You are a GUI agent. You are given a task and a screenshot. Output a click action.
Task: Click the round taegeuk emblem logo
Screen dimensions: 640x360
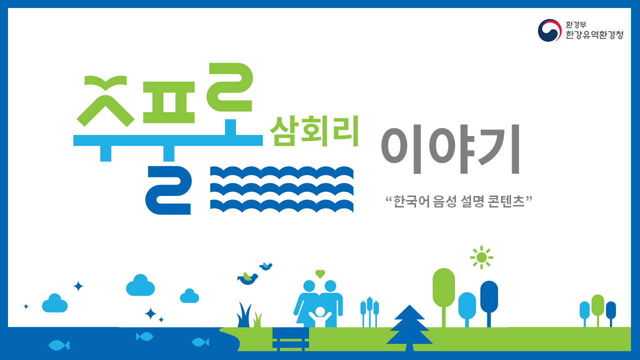pos(549,30)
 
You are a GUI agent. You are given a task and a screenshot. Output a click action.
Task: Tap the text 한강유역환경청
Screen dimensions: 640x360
pos(594,35)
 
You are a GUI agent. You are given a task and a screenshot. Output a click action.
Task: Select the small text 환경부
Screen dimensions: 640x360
pos(575,24)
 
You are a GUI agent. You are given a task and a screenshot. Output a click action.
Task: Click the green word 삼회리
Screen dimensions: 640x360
pos(314,131)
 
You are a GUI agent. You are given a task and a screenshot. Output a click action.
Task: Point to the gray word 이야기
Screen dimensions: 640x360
pos(450,149)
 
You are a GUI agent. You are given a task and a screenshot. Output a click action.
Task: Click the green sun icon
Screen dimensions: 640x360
pos(481,257)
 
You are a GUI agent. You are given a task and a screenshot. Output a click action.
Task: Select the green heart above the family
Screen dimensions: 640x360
pos(320,274)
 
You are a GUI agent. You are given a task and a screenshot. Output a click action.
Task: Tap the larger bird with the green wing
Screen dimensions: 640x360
pos(247,278)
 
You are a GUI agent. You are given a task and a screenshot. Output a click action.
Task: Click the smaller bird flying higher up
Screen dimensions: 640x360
pos(266,266)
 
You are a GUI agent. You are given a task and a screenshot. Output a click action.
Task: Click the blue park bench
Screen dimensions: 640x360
pos(290,339)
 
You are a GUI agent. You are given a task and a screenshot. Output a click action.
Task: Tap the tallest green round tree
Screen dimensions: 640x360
pos(443,297)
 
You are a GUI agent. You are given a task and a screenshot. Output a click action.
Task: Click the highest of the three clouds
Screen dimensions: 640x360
pos(140,285)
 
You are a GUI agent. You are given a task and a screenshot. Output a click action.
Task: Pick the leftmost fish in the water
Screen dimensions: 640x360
pos(59,345)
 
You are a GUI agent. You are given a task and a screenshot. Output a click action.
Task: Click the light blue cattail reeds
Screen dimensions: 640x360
pos(369,312)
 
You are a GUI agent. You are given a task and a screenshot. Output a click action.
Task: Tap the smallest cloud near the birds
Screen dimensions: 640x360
pos(189,295)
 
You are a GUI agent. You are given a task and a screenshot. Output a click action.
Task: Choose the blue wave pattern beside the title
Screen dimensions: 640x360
pos(281,189)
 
